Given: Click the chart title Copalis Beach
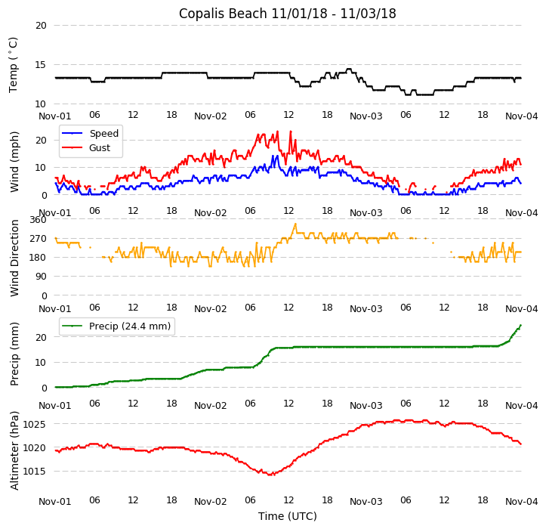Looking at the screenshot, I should click(287, 14).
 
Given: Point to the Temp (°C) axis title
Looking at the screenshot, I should click(14, 65).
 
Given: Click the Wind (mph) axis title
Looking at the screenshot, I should click(14, 161).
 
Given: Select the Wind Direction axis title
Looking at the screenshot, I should click(14, 258).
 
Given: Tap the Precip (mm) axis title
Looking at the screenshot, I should click(14, 354).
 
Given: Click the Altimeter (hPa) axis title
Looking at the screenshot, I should click(14, 450).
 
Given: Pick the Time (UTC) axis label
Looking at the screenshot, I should click(287, 516).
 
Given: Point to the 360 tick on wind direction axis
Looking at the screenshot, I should click(38, 220).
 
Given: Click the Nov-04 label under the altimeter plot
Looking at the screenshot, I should click(522, 502).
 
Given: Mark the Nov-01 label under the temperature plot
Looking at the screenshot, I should click(55, 116).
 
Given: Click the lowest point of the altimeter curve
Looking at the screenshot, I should click(270, 475).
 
